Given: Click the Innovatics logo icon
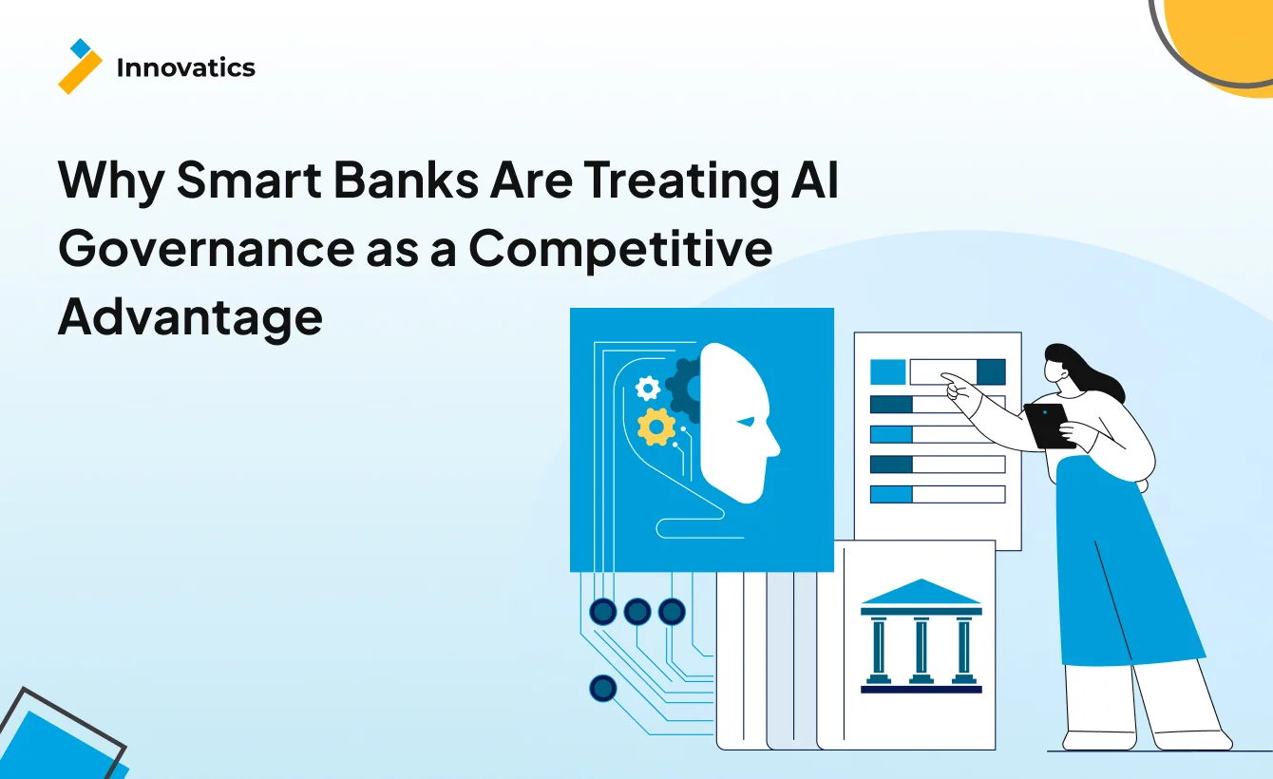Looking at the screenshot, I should pyautogui.click(x=80, y=66).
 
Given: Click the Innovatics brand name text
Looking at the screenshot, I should pyautogui.click(x=185, y=67).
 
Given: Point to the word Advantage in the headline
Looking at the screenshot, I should pyautogui.click(x=190, y=317).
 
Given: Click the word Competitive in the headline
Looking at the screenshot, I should pyautogui.click(x=619, y=248).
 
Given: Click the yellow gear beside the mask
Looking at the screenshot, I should pyautogui.click(x=655, y=427).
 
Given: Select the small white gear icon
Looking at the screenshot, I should pyautogui.click(x=648, y=387).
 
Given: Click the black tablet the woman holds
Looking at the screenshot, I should pyautogui.click(x=1049, y=425).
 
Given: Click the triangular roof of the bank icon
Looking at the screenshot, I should pyautogui.click(x=921, y=592).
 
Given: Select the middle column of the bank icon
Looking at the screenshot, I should pyautogui.click(x=921, y=646).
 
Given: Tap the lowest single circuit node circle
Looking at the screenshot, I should pyautogui.click(x=602, y=688).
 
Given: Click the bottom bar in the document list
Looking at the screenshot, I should pyautogui.click(x=937, y=494).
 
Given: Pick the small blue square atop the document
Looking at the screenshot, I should pyautogui.click(x=887, y=371).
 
